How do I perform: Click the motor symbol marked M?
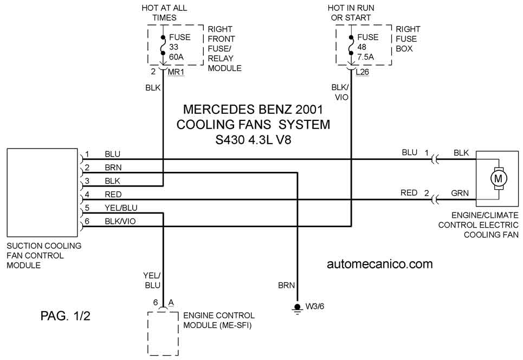pyautogui.click(x=498, y=179)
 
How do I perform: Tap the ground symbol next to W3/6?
pyautogui.click(x=297, y=309)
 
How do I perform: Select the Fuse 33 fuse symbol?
pyautogui.click(x=163, y=47)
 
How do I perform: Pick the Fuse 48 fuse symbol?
pyautogui.click(x=351, y=47)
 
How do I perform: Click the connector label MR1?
pyautogui.click(x=176, y=72)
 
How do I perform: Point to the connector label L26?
pyautogui.click(x=362, y=72)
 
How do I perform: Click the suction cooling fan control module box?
pyautogui.click(x=42, y=192)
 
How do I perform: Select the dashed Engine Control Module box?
pyautogui.click(x=163, y=333)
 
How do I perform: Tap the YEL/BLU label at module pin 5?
pyautogui.click(x=121, y=208)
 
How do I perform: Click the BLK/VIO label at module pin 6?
pyautogui.click(x=120, y=221)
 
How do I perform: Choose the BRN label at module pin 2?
pyautogui.click(x=113, y=168)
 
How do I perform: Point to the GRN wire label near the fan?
pyautogui.click(x=460, y=193)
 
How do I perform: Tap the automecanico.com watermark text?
pyautogui.click(x=379, y=264)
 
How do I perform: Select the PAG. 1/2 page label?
pyautogui.click(x=66, y=316)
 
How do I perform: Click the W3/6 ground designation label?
pyautogui.click(x=315, y=306)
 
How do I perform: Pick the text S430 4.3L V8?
pyautogui.click(x=253, y=139)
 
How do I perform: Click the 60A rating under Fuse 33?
pyautogui.click(x=176, y=57)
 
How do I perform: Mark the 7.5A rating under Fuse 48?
pyautogui.click(x=366, y=57)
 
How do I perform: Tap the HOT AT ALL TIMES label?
pyautogui.click(x=164, y=12)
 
